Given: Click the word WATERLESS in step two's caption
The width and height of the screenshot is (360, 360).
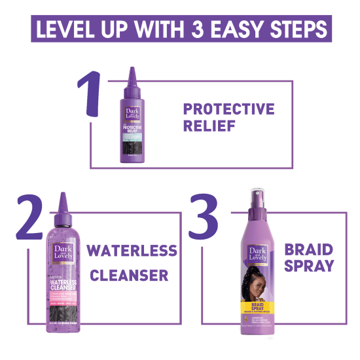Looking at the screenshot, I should click(x=132, y=251).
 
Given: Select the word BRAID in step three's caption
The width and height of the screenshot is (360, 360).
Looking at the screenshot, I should click(x=308, y=249).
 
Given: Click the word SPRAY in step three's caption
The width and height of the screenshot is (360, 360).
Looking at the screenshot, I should click(x=308, y=266).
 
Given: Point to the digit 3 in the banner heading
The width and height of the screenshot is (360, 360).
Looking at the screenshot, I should click(x=211, y=29).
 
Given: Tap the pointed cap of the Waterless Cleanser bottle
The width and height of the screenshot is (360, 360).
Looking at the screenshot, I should click(x=63, y=200).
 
